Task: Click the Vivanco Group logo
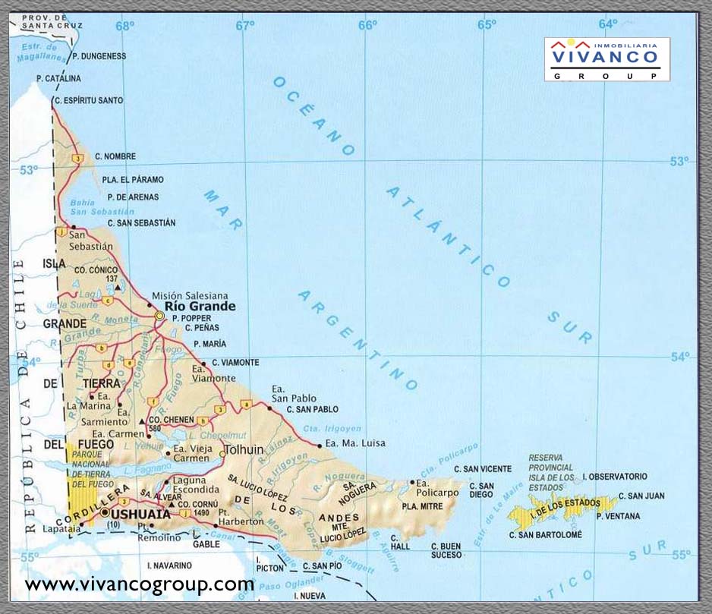[606, 58]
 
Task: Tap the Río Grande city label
[200, 307]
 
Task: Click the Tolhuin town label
[244, 449]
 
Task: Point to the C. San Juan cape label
[641, 496]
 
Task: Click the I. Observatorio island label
[615, 477]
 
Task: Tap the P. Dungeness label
[99, 56]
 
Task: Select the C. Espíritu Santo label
[88, 100]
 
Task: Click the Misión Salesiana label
[190, 295]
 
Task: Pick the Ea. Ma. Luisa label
[354, 443]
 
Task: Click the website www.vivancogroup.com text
[140, 584]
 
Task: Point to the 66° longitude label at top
[367, 25]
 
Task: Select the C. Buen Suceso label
[446, 550]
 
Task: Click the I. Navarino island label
[169, 565]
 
